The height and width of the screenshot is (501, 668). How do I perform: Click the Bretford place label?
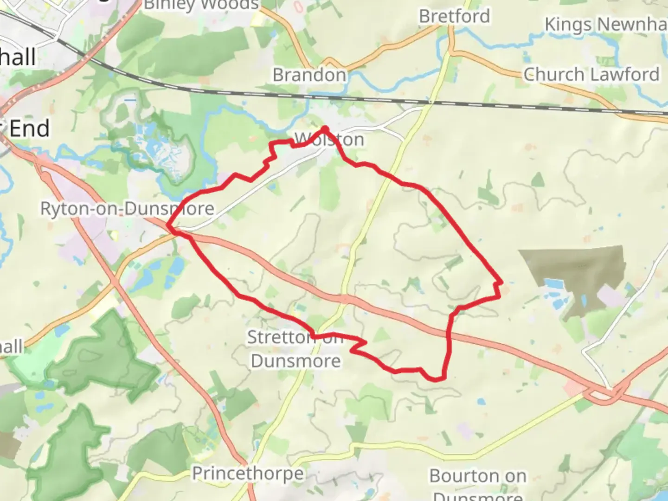click(x=454, y=17)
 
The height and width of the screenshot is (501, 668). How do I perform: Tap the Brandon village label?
click(x=309, y=75)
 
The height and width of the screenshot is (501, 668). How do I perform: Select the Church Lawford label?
click(x=591, y=74)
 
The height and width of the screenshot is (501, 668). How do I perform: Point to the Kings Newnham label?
click(x=606, y=24)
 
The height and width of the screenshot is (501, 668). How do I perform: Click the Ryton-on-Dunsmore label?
click(x=127, y=209)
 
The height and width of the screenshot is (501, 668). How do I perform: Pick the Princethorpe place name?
click(x=248, y=474)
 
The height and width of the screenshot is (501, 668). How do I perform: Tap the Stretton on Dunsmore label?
click(x=295, y=349)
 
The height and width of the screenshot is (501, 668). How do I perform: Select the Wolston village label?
click(x=329, y=140)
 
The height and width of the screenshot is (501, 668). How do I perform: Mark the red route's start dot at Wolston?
click(x=325, y=129)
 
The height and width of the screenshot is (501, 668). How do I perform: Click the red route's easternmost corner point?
click(x=501, y=282)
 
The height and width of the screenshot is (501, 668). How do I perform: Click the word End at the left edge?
click(x=30, y=128)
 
